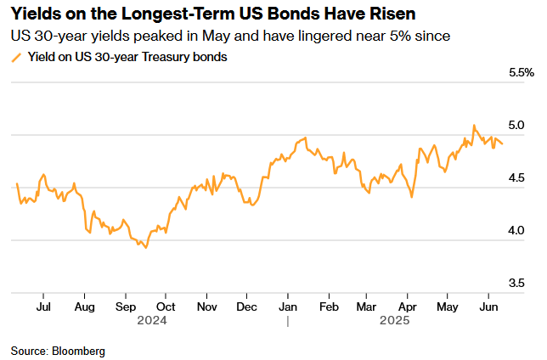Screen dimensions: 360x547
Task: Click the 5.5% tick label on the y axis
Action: [x=521, y=73]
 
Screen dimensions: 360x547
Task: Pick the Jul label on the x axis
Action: [x=44, y=306]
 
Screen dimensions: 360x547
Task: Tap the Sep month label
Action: [x=125, y=306]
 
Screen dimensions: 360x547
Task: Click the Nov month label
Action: [x=206, y=306]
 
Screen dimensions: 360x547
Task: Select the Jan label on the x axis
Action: [x=288, y=306]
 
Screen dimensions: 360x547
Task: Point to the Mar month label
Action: [x=367, y=306]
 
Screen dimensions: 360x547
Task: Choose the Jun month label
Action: [x=489, y=306]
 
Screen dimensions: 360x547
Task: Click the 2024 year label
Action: [x=151, y=321]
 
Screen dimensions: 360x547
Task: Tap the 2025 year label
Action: [x=395, y=321]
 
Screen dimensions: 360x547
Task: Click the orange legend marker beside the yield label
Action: [x=15, y=58]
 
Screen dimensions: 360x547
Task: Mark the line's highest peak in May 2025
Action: [x=474, y=126]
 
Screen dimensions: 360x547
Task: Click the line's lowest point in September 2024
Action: [x=146, y=247]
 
